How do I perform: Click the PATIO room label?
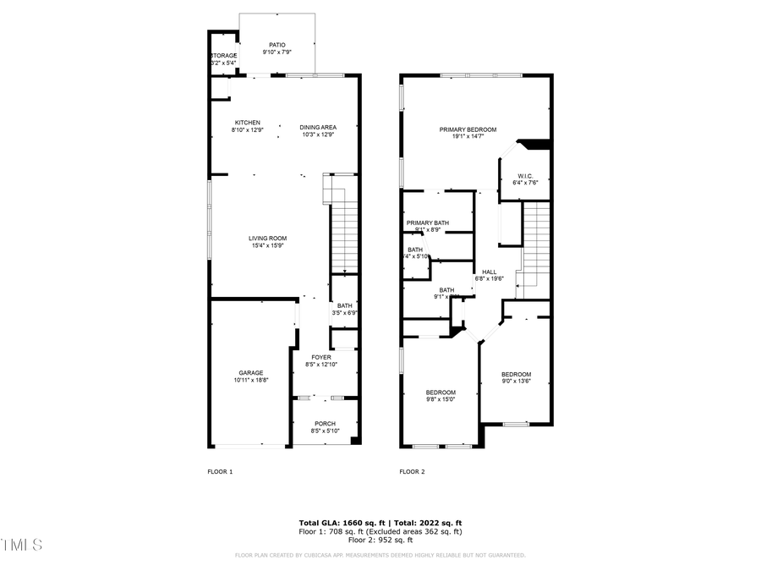click(x=277, y=45)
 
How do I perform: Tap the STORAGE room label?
click(x=224, y=56)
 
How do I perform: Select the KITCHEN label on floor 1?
click(x=247, y=123)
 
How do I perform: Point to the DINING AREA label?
click(x=318, y=127)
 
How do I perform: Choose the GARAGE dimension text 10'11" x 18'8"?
click(x=250, y=381)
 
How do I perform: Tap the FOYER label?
click(x=321, y=357)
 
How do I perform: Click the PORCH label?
click(x=325, y=424)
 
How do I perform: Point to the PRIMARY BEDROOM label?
click(x=468, y=129)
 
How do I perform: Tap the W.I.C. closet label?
click(x=524, y=177)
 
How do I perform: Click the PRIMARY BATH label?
click(x=427, y=223)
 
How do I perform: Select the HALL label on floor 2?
click(x=489, y=272)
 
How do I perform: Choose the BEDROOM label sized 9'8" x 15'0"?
click(x=441, y=393)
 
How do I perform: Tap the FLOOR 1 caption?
click(x=220, y=471)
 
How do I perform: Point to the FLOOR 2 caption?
click(x=412, y=471)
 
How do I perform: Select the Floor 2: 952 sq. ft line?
click(x=380, y=540)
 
